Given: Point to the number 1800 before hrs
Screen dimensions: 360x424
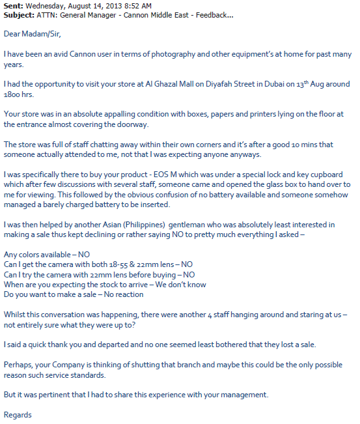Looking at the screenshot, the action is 13,94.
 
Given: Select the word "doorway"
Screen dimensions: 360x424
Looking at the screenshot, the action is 132,124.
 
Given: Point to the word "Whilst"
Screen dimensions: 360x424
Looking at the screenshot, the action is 15,314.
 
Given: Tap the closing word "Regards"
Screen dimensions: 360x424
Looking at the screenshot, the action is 18,415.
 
